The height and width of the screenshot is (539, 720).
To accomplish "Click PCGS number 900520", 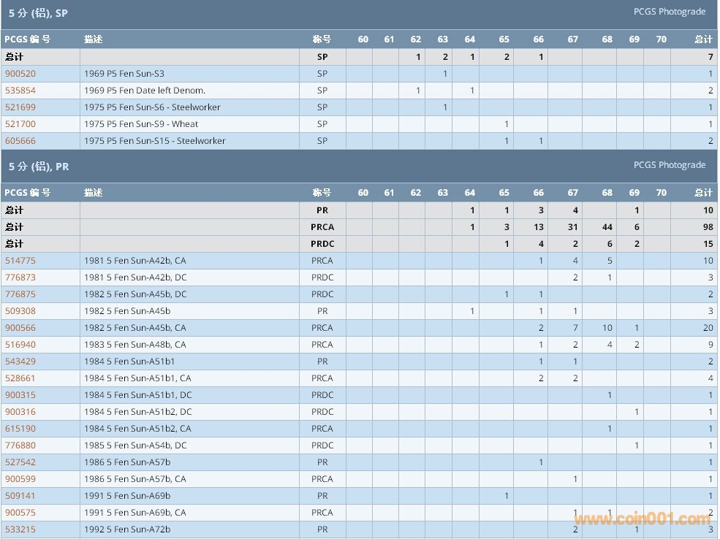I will coord(20,74).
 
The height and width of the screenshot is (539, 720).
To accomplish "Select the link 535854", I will coord(20,91).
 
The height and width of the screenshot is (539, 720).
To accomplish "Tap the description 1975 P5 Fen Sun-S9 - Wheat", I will coord(141,124).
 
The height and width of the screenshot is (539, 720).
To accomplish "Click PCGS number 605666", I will coord(20,141).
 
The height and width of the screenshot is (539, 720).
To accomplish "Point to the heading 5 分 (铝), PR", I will coord(39,167).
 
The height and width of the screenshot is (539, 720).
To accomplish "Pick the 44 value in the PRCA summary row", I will coord(607,227).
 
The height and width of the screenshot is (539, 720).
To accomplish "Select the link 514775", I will coord(20,261).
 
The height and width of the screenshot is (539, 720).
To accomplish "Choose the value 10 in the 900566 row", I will coord(607,328).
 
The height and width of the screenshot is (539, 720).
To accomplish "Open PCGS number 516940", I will coord(20,345).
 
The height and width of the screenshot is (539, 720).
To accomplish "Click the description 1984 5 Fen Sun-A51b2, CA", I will coord(137,429).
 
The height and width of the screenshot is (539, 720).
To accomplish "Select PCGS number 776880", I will coord(20,446).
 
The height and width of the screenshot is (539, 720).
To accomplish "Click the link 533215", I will coord(20,530).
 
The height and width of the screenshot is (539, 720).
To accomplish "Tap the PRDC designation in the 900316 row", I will coord(322,412).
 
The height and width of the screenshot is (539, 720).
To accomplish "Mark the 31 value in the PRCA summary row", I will coord(572,227).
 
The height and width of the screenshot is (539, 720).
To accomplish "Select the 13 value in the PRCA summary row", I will coord(539,227).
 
